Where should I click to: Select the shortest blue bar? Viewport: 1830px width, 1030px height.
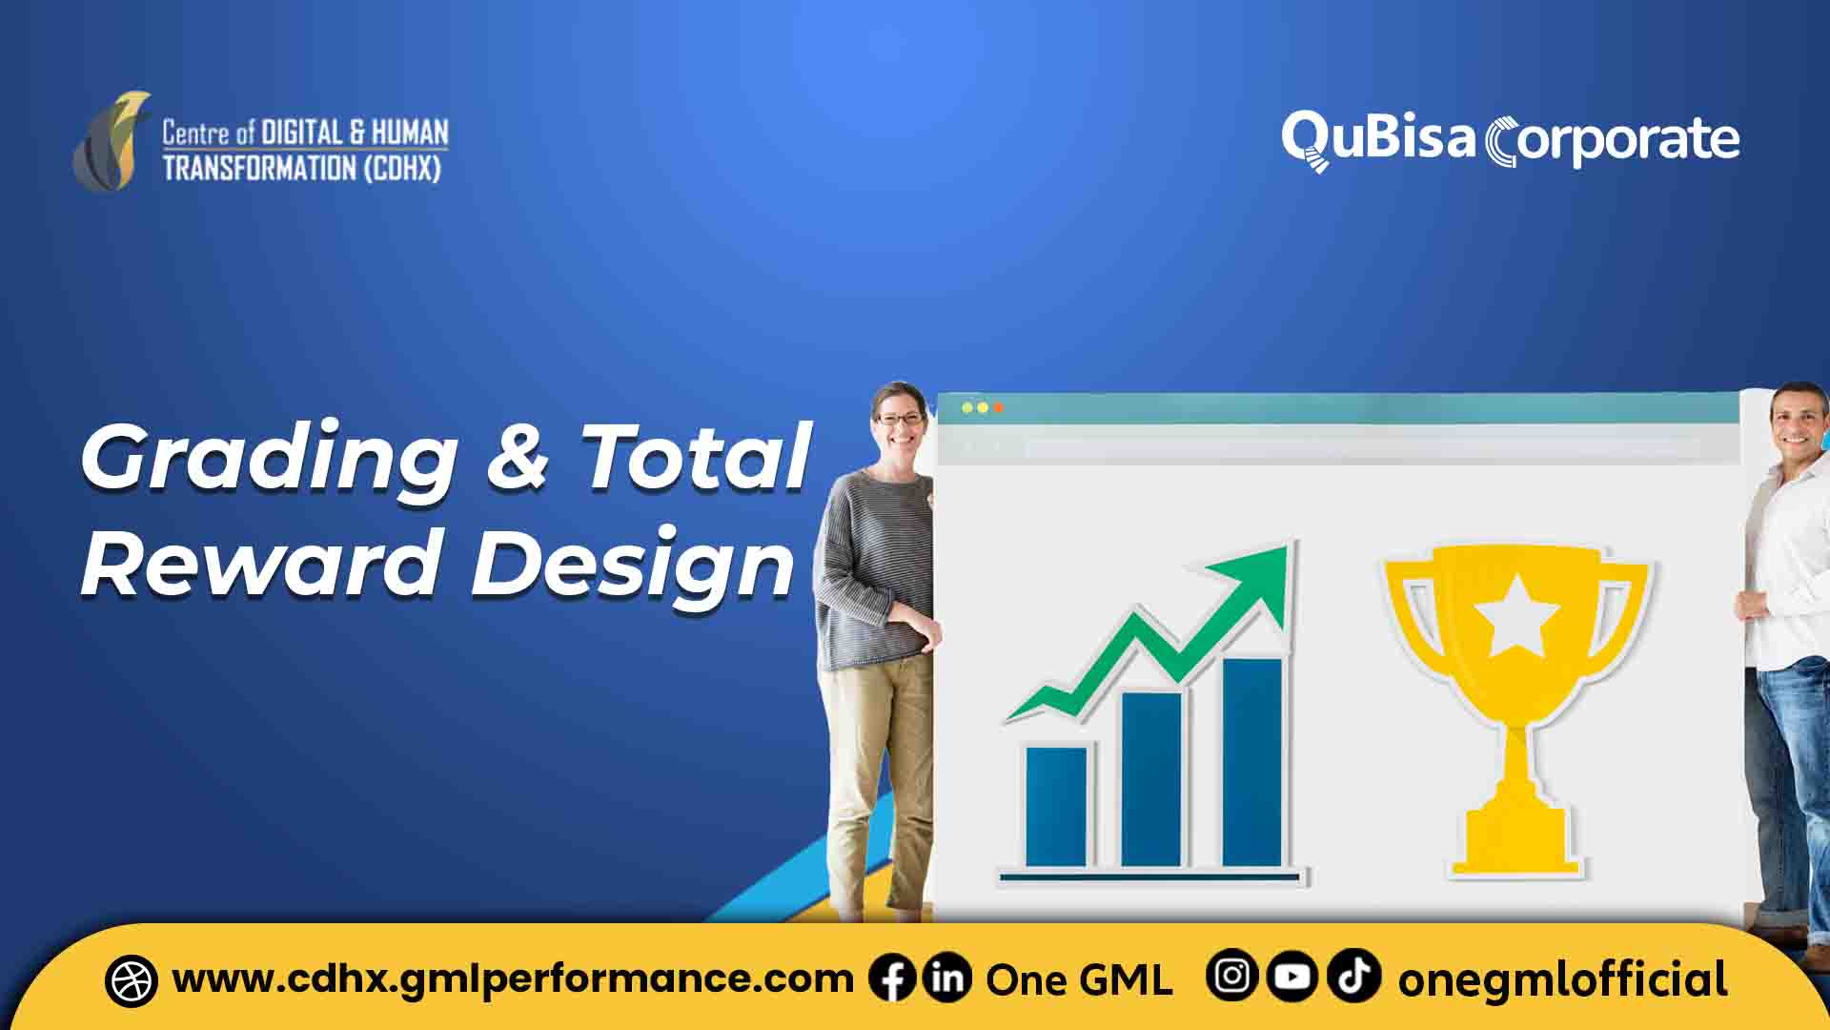(x=1056, y=807)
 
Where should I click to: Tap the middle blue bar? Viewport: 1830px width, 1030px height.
(x=1151, y=778)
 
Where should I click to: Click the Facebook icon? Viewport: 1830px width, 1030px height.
(x=893, y=979)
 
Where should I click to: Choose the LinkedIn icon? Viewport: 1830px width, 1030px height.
(x=947, y=979)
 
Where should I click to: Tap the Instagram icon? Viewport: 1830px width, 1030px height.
(x=1232, y=977)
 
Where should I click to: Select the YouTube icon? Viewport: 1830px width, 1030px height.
(x=1292, y=977)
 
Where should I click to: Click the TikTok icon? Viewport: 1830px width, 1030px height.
(x=1353, y=977)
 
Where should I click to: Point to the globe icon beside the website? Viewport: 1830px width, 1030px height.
(x=131, y=980)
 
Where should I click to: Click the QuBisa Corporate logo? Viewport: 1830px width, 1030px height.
(x=1510, y=140)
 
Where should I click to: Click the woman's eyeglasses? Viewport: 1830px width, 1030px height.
(x=900, y=418)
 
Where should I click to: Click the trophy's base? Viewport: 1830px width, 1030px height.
(x=1515, y=853)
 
